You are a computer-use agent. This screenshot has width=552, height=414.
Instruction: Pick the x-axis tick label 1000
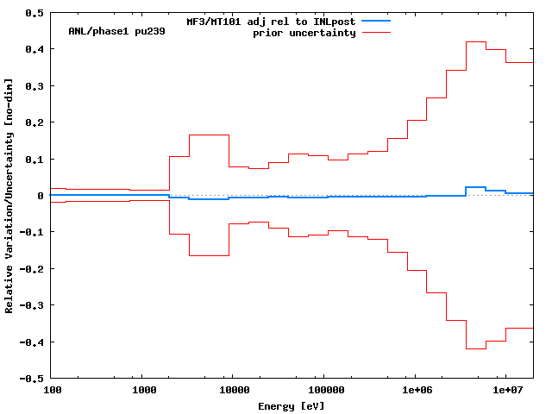click(144, 391)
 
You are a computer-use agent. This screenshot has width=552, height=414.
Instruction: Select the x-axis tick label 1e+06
click(415, 391)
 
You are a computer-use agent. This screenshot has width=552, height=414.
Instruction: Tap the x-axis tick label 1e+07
click(505, 391)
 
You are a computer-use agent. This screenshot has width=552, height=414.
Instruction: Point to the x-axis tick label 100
click(53, 391)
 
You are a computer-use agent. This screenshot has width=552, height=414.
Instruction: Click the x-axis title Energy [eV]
click(292, 405)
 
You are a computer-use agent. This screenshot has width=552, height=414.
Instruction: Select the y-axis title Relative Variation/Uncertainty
click(9, 196)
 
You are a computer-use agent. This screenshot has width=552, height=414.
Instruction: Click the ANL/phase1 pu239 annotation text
click(116, 31)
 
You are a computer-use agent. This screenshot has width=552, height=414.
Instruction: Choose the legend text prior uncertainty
click(304, 33)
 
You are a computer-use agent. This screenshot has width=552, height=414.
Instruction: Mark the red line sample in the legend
click(376, 33)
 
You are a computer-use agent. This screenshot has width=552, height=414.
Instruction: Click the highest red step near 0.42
click(475, 41)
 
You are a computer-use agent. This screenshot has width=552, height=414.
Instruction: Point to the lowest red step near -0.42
click(475, 348)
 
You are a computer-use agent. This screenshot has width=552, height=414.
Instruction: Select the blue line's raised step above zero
click(475, 187)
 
